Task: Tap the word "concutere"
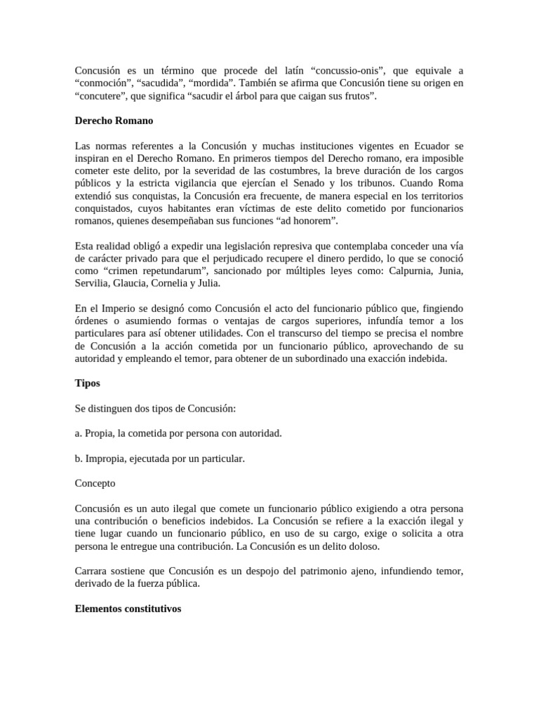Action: (99, 96)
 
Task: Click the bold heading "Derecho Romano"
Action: (114, 121)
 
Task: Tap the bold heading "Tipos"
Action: (87, 384)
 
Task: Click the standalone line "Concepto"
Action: (95, 483)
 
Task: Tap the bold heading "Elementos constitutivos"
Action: (128, 609)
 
